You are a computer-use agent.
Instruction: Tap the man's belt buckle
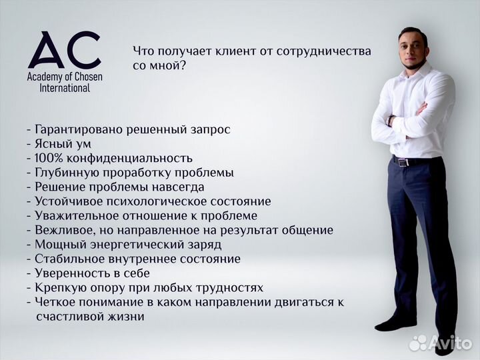point(401,161)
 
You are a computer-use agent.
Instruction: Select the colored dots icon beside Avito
point(418,342)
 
